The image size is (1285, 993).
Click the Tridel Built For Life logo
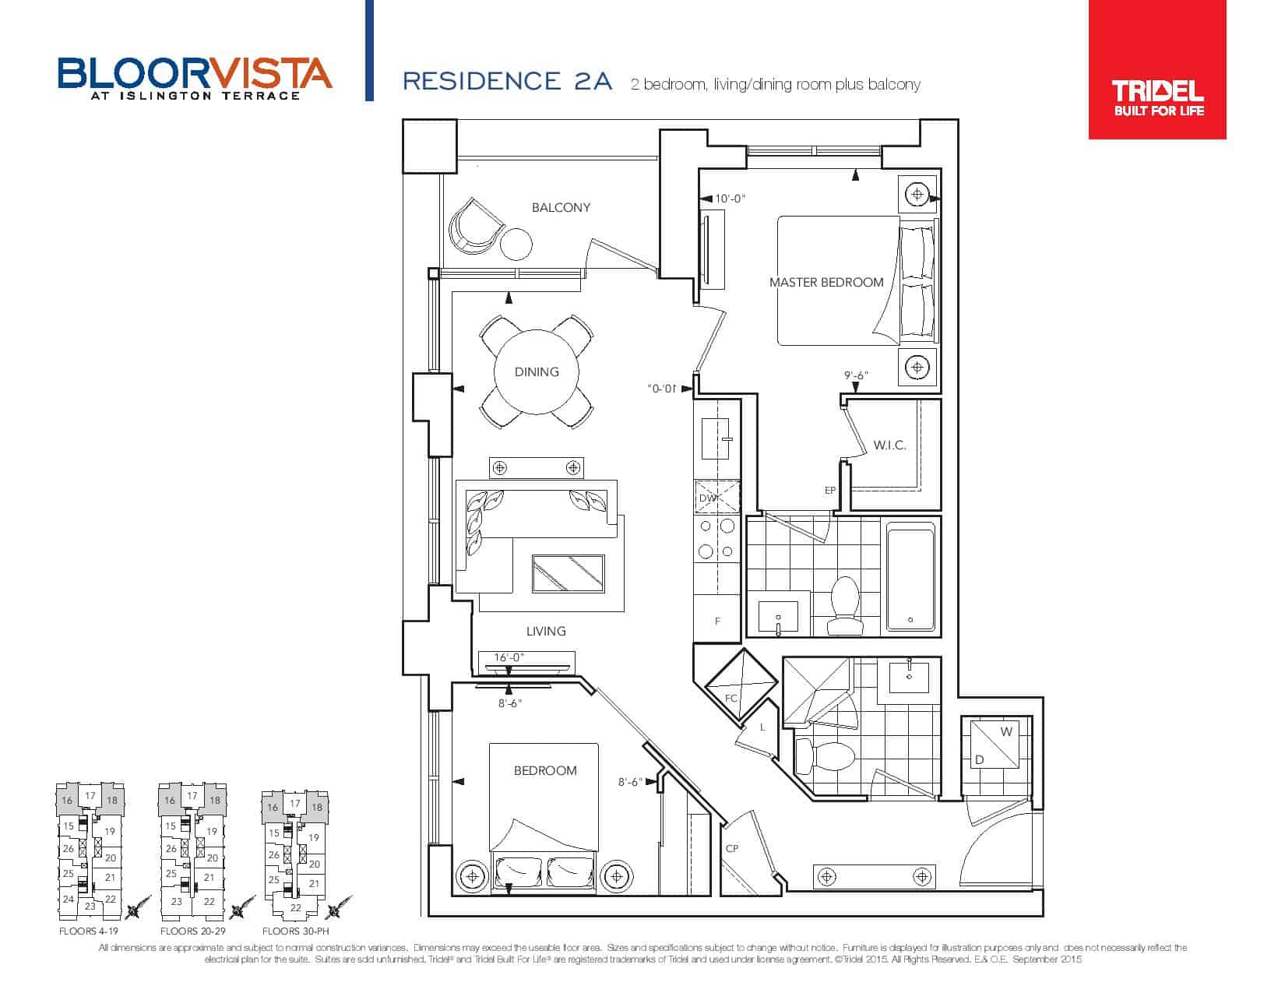1157,69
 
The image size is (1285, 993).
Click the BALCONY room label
561,208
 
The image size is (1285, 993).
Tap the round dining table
537,372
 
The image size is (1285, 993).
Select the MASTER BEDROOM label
826,283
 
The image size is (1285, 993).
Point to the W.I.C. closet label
889,445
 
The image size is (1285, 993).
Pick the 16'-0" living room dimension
509,657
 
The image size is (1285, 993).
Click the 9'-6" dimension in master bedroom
856,375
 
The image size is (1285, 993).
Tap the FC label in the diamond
731,699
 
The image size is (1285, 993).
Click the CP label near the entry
732,849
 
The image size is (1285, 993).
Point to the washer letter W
1006,731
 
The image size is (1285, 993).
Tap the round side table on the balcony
516,244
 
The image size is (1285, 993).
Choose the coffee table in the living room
569,573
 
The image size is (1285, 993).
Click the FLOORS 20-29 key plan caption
193,931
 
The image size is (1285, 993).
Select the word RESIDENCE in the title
482,81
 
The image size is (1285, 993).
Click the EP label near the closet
830,491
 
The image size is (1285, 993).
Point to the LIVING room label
546,631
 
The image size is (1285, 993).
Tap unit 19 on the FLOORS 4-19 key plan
110,831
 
